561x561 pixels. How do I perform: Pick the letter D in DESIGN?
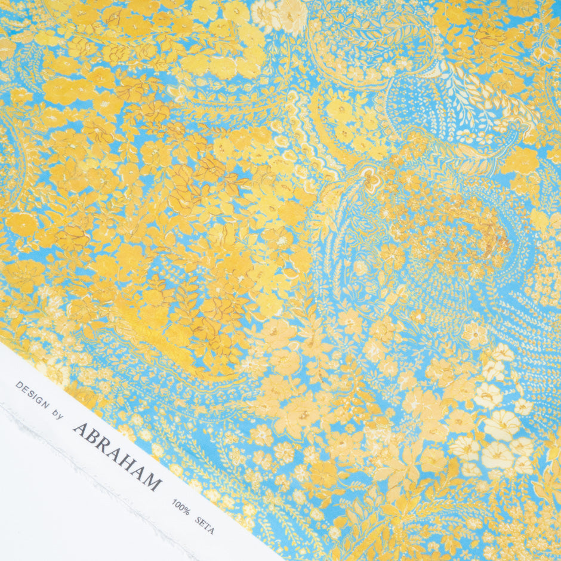click(19, 385)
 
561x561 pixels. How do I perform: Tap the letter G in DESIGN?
click(39, 399)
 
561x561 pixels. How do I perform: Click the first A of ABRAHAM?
click(80, 428)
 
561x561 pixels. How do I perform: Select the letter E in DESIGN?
click(24, 389)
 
